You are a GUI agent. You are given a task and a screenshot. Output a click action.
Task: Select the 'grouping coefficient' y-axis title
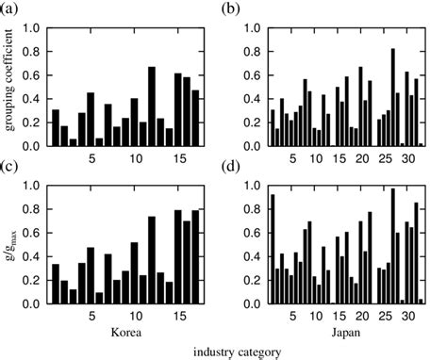[x=12, y=85]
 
